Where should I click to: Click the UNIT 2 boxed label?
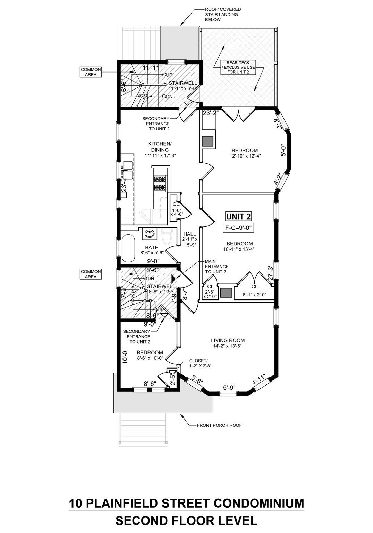tap(238, 217)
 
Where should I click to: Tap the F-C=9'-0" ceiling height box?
tap(238, 228)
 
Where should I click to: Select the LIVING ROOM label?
tap(228, 340)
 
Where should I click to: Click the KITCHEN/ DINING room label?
tap(160, 147)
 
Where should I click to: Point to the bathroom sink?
tap(150, 234)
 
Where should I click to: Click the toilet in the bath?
tap(167, 237)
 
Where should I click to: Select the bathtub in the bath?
tap(128, 248)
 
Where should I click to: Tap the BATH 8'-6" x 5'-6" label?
tap(152, 250)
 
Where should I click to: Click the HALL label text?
tap(190, 234)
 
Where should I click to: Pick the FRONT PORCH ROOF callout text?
tap(219, 425)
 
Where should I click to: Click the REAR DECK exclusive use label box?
tap(238, 67)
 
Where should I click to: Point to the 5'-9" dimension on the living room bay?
tap(229, 387)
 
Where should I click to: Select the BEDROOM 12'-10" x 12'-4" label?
tap(245, 153)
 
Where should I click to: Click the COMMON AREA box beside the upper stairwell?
tap(91, 72)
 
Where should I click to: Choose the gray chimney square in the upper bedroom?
tap(208, 141)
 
